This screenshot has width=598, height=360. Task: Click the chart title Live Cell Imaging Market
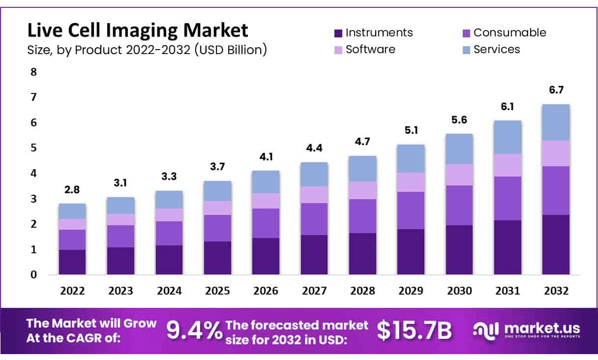coord(138,31)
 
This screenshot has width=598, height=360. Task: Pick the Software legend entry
coord(370,49)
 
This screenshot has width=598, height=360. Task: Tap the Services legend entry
coord(496,49)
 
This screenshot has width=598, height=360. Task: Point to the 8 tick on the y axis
coord(33,72)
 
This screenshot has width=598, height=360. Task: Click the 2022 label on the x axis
coord(72,291)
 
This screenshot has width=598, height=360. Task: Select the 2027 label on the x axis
coord(314,291)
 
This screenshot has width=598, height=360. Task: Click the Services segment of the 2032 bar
coord(556,122)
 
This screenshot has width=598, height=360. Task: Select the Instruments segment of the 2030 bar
coord(459,250)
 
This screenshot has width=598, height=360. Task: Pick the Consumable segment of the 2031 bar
coord(508,198)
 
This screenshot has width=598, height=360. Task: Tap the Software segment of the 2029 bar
coord(411,182)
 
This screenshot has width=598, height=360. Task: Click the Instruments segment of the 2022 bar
coord(72,262)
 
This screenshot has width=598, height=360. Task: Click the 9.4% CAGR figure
coord(194,330)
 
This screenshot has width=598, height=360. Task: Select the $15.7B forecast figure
coord(414,330)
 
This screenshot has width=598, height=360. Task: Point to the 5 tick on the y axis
coord(33,148)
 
